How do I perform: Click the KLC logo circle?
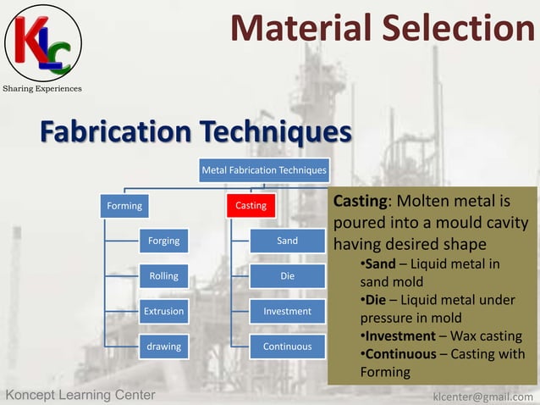coord(43,42)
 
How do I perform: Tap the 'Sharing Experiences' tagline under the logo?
coord(43,88)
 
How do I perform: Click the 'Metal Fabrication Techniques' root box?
coord(263,170)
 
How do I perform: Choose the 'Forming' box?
coord(124,205)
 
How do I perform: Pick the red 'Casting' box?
coord(251,205)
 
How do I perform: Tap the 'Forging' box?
coord(163,241)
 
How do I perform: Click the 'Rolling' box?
coord(163,276)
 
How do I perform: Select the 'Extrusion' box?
coord(163,311)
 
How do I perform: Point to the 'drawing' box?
coord(163,347)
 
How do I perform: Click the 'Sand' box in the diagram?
coord(288,241)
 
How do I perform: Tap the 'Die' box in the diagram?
coord(288,276)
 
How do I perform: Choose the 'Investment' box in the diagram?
coord(288,311)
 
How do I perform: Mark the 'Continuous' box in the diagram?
coord(288,347)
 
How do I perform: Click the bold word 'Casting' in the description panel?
coord(360,202)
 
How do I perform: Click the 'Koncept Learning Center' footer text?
coord(80,395)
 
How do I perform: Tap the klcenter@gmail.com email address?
coord(482,396)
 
